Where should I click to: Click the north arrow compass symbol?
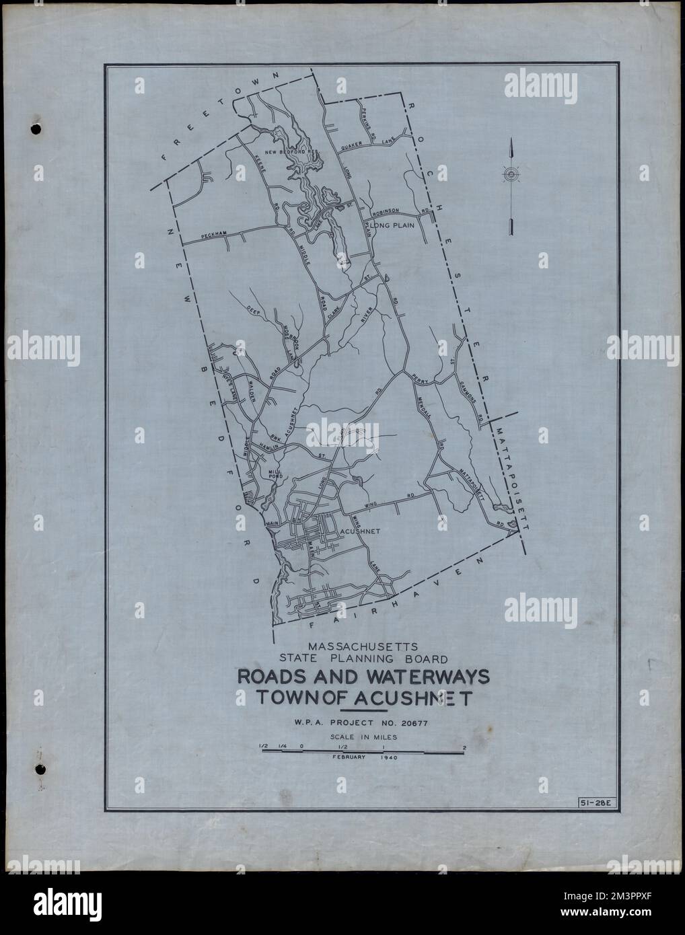point(511,176)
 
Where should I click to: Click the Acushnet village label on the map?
point(362,531)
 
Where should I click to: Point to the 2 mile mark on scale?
point(465,747)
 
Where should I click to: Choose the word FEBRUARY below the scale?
point(349,757)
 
